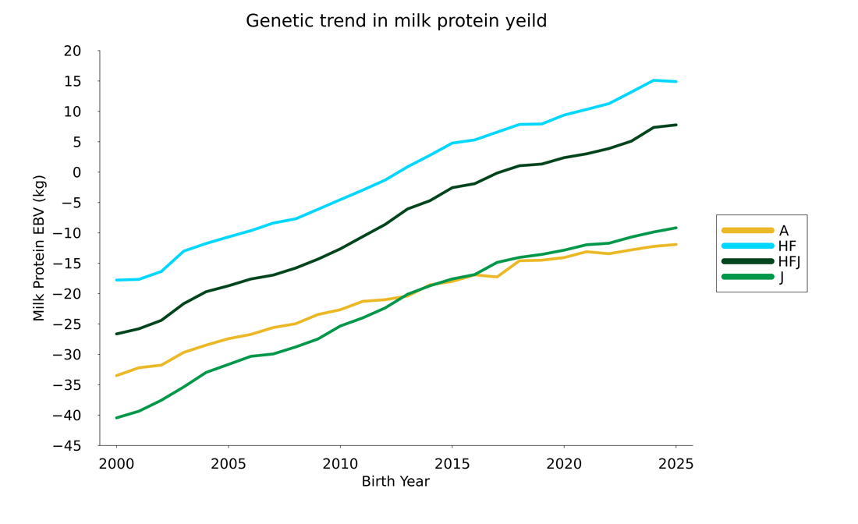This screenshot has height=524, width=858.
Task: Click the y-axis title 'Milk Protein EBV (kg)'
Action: (39, 248)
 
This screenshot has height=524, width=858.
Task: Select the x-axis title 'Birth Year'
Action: (395, 482)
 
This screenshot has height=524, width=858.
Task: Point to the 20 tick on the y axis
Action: (72, 51)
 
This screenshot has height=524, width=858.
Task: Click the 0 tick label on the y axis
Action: (76, 172)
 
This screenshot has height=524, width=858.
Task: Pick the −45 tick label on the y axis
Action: (67, 446)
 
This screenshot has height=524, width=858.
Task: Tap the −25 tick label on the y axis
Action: (67, 324)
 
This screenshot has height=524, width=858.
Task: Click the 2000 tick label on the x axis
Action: (116, 465)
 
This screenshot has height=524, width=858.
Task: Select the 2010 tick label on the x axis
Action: (340, 465)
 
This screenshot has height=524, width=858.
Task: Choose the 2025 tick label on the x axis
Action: (675, 465)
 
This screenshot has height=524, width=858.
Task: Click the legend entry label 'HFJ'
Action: (789, 262)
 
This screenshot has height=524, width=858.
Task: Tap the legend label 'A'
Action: (783, 231)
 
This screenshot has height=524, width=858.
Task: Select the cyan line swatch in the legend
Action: (747, 246)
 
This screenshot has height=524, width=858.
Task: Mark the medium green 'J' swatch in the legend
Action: (747, 277)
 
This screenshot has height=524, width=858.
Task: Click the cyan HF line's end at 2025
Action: (675, 82)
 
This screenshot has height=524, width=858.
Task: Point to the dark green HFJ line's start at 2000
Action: (117, 334)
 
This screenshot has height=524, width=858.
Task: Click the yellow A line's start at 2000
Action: (117, 376)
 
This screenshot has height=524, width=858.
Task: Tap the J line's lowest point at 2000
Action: (117, 418)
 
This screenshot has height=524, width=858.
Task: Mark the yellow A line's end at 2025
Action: (675, 245)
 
